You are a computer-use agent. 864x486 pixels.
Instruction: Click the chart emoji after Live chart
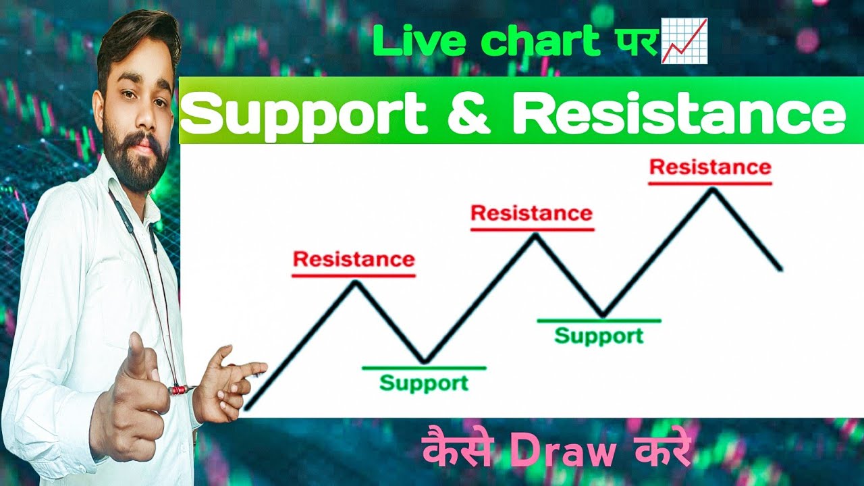tap(684, 41)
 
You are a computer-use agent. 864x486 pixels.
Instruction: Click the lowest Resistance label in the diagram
tap(354, 259)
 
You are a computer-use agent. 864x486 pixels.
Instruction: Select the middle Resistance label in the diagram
tap(531, 213)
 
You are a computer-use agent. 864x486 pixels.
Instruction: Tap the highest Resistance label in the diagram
tap(710, 167)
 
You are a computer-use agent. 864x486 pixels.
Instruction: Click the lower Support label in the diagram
tap(423, 383)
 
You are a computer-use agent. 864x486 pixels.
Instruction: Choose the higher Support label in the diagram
tap(599, 335)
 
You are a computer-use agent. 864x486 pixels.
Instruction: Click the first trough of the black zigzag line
tap(424, 362)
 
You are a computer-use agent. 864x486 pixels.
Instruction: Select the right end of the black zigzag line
tap(781, 270)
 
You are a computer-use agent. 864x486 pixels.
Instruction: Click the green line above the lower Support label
tap(423, 368)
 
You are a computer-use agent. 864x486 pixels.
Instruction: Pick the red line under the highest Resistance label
tap(710, 183)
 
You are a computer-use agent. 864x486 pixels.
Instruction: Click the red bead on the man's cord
tap(177, 389)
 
